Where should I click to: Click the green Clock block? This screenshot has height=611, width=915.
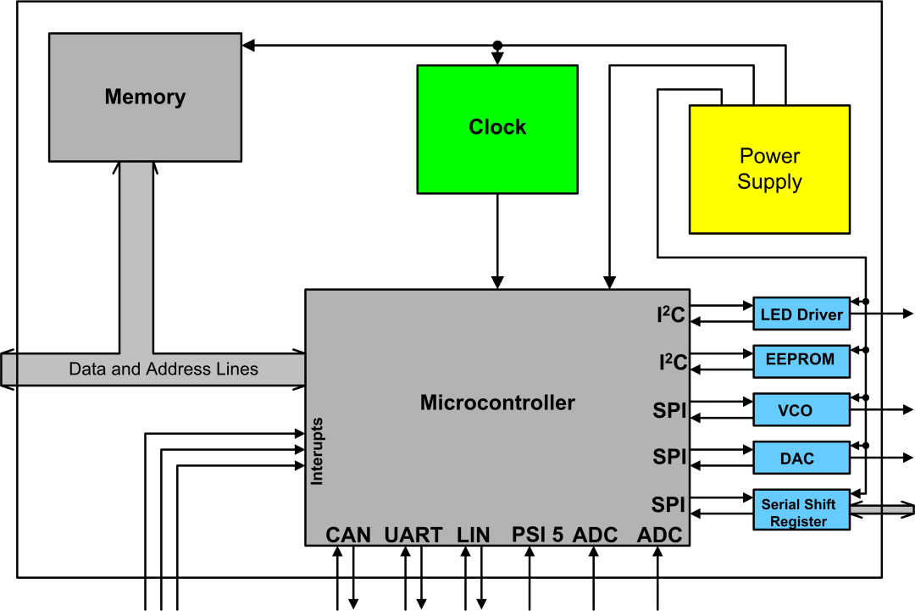pyautogui.click(x=497, y=129)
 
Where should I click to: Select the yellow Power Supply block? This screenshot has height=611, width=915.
pyautogui.click(x=769, y=169)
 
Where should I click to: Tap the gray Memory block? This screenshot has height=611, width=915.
pyautogui.click(x=145, y=97)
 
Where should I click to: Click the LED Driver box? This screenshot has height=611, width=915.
pyautogui.click(x=801, y=314)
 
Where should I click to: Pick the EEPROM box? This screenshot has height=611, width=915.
pyautogui.click(x=801, y=359)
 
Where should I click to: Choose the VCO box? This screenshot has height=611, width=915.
pyautogui.click(x=801, y=410)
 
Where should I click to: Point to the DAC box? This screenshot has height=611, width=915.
pyautogui.click(x=801, y=458)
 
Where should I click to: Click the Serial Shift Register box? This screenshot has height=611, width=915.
pyautogui.click(x=801, y=511)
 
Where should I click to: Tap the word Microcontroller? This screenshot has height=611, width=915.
pyautogui.click(x=497, y=403)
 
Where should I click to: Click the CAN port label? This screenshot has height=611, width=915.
pyautogui.click(x=348, y=535)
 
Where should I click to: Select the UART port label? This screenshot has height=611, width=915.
pyautogui.click(x=413, y=535)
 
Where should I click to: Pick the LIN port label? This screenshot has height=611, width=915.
pyautogui.click(x=473, y=535)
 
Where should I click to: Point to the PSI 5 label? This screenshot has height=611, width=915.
pyautogui.click(x=537, y=535)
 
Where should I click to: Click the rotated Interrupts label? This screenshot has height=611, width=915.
pyautogui.click(x=317, y=451)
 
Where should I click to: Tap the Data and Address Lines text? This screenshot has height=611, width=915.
pyautogui.click(x=164, y=369)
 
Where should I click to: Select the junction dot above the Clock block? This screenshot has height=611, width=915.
pyautogui.click(x=497, y=45)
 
